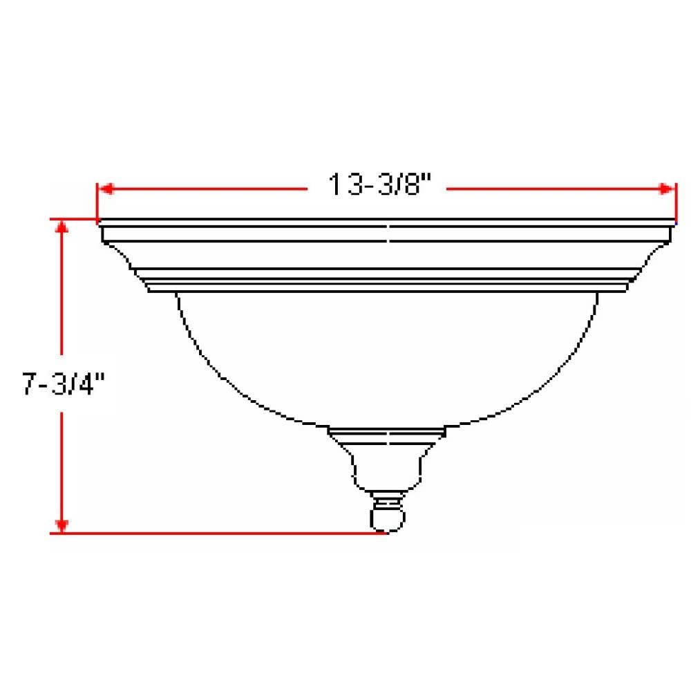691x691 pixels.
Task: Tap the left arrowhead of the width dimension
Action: [x=104, y=189]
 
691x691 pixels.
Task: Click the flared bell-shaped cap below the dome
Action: [x=386, y=460]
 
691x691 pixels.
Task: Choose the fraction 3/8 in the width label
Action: [x=406, y=186]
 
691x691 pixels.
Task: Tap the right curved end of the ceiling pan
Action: [x=653, y=257]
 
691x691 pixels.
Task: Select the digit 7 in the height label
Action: [x=30, y=385]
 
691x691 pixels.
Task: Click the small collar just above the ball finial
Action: [x=386, y=497]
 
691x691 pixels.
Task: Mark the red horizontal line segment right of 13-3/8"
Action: [x=553, y=189]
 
